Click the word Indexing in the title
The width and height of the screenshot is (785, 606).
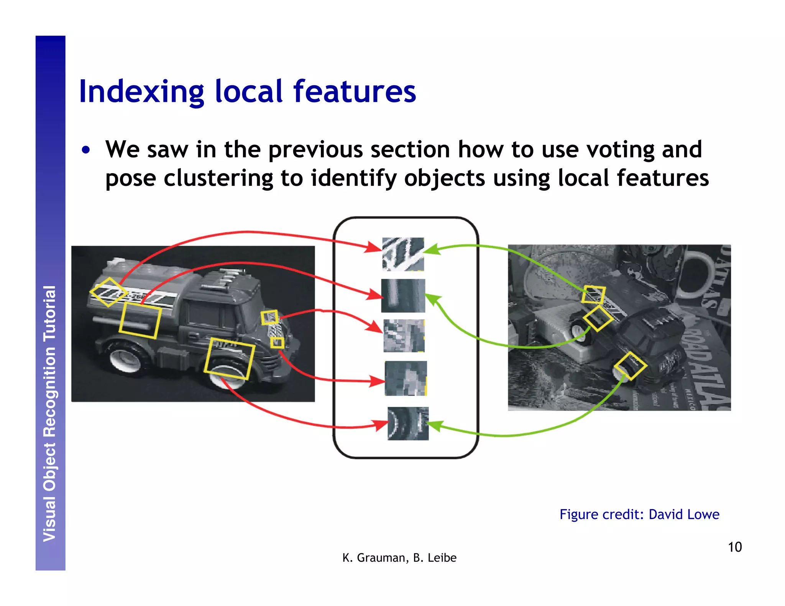(x=141, y=92)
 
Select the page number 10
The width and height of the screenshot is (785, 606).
(x=734, y=547)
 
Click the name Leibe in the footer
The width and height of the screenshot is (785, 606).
(x=442, y=558)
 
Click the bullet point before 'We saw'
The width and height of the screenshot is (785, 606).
(x=86, y=150)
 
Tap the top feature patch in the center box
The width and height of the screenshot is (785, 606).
(x=403, y=254)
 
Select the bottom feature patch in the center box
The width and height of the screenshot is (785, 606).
(x=408, y=423)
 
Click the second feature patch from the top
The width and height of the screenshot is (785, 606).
(x=403, y=296)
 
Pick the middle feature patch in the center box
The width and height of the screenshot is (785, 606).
(x=404, y=336)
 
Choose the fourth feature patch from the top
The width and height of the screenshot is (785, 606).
(x=406, y=378)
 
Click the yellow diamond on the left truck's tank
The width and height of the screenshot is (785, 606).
(x=109, y=292)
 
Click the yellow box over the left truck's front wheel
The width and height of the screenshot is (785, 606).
(x=229, y=359)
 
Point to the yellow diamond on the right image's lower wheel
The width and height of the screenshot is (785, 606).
(x=630, y=366)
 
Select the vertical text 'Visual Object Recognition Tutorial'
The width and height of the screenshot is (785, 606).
(x=50, y=414)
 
